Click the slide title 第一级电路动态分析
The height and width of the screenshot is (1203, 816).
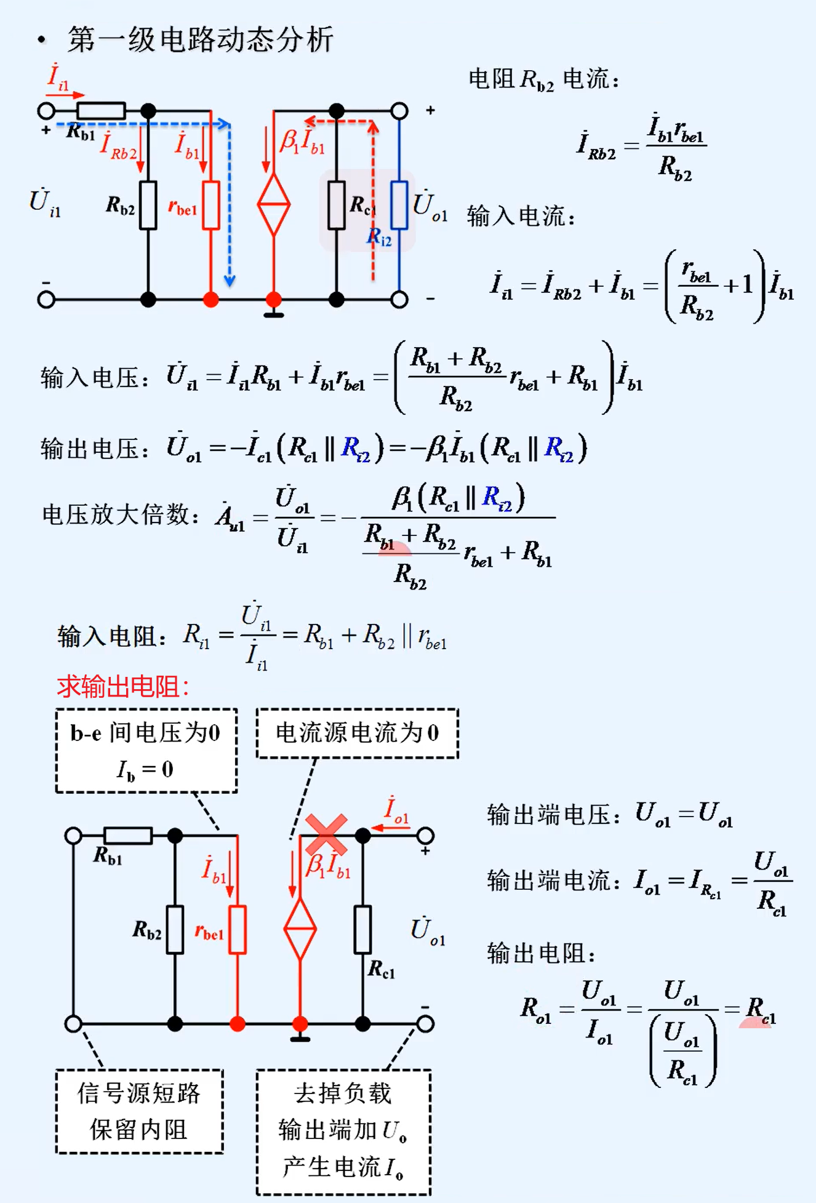201,40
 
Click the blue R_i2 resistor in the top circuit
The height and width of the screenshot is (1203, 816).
399,205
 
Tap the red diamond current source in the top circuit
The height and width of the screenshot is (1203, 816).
274,205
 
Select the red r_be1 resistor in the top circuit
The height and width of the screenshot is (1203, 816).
211,205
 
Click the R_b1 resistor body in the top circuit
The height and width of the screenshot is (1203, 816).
102,111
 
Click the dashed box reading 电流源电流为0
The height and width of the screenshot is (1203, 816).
357,733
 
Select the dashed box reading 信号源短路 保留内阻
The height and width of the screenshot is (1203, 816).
139,1111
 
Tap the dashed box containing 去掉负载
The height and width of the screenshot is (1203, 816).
343,1131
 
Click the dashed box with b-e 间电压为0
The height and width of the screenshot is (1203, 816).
146,750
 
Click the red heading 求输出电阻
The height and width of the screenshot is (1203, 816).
123,687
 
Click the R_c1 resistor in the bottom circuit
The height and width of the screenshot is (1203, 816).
363,929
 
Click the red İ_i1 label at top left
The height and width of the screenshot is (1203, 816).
58,77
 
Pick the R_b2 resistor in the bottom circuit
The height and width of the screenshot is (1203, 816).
175,929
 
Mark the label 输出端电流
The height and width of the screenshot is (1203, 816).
553,881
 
